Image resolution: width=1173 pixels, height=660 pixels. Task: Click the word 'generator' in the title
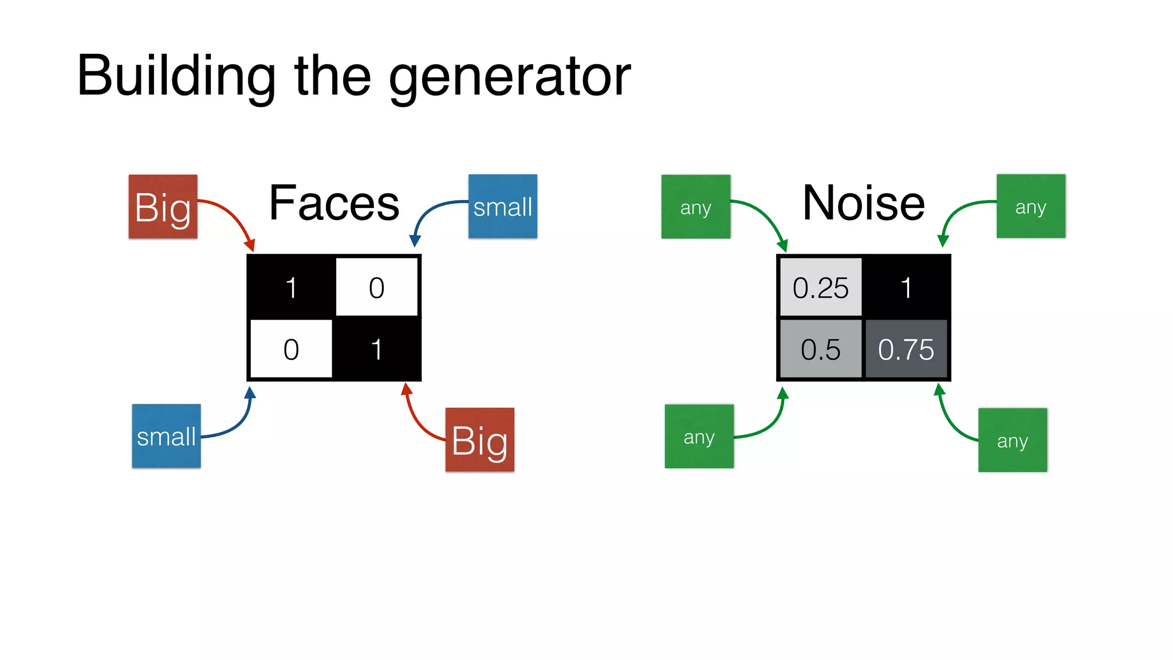[509, 77]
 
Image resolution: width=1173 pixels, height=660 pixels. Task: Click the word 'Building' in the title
[176, 77]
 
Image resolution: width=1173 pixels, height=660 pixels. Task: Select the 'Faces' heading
[334, 203]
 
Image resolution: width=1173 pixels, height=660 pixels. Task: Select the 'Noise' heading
[864, 203]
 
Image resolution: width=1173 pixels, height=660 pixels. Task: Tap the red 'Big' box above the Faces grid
[163, 207]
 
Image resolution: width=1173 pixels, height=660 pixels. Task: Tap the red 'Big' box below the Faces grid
[480, 440]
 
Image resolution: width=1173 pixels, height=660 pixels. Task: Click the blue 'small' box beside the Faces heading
[503, 206]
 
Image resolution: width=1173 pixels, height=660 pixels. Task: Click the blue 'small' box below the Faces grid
[167, 436]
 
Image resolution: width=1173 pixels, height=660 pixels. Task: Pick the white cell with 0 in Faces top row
[376, 287]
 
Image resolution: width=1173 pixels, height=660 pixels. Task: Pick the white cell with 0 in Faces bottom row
[291, 349]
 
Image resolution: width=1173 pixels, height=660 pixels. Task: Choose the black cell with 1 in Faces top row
[291, 287]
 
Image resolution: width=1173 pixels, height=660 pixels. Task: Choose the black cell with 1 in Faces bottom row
[376, 349]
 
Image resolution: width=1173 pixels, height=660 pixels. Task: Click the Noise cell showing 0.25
[820, 287]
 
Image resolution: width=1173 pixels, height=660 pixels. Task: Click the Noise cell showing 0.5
[820, 349]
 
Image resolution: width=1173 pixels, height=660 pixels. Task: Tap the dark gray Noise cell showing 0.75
[906, 349]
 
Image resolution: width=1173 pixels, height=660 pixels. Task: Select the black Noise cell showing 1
[906, 287]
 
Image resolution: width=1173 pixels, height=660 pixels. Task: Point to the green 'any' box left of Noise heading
[696, 207]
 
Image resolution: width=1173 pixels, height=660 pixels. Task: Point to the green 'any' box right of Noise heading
[1031, 206]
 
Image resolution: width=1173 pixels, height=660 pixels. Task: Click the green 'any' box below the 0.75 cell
[1013, 440]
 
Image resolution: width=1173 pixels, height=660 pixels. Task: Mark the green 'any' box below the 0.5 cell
[699, 437]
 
